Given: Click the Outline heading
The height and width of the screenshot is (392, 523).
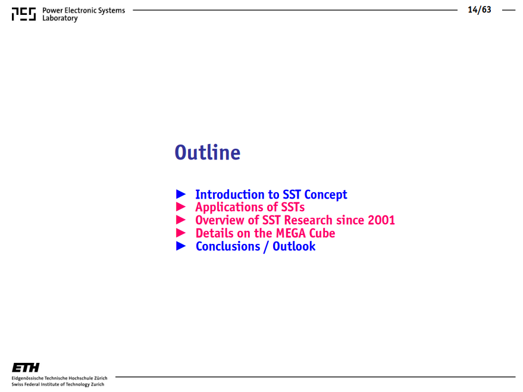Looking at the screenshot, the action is pyautogui.click(x=208, y=153).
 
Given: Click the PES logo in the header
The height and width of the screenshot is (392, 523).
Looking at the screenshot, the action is pyautogui.click(x=24, y=14).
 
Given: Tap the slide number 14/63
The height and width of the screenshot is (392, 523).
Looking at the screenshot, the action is pyautogui.click(x=480, y=10).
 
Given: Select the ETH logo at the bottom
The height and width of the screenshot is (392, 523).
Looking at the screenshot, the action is pyautogui.click(x=26, y=368).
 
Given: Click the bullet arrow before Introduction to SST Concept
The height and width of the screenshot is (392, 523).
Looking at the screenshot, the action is pyautogui.click(x=181, y=194).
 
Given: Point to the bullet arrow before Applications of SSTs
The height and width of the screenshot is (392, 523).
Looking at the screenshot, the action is pyautogui.click(x=181, y=206).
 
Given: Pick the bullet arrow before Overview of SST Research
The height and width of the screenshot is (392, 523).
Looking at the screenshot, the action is pyautogui.click(x=181, y=219).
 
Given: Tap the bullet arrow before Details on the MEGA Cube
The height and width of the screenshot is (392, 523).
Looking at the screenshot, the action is pyautogui.click(x=181, y=233).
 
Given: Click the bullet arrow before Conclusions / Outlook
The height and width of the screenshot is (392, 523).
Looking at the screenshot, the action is pyautogui.click(x=181, y=246).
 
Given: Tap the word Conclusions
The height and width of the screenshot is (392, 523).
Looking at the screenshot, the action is pyautogui.click(x=228, y=246).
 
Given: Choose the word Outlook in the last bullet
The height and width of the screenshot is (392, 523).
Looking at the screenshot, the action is pyautogui.click(x=294, y=246).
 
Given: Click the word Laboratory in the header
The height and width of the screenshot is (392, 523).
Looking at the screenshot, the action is pyautogui.click(x=60, y=18).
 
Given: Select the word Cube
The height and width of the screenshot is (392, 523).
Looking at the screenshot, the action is pyautogui.click(x=322, y=233).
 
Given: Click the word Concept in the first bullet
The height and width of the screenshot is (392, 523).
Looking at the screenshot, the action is pyautogui.click(x=325, y=195).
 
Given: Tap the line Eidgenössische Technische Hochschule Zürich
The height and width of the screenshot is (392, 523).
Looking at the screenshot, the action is pyautogui.click(x=59, y=378).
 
